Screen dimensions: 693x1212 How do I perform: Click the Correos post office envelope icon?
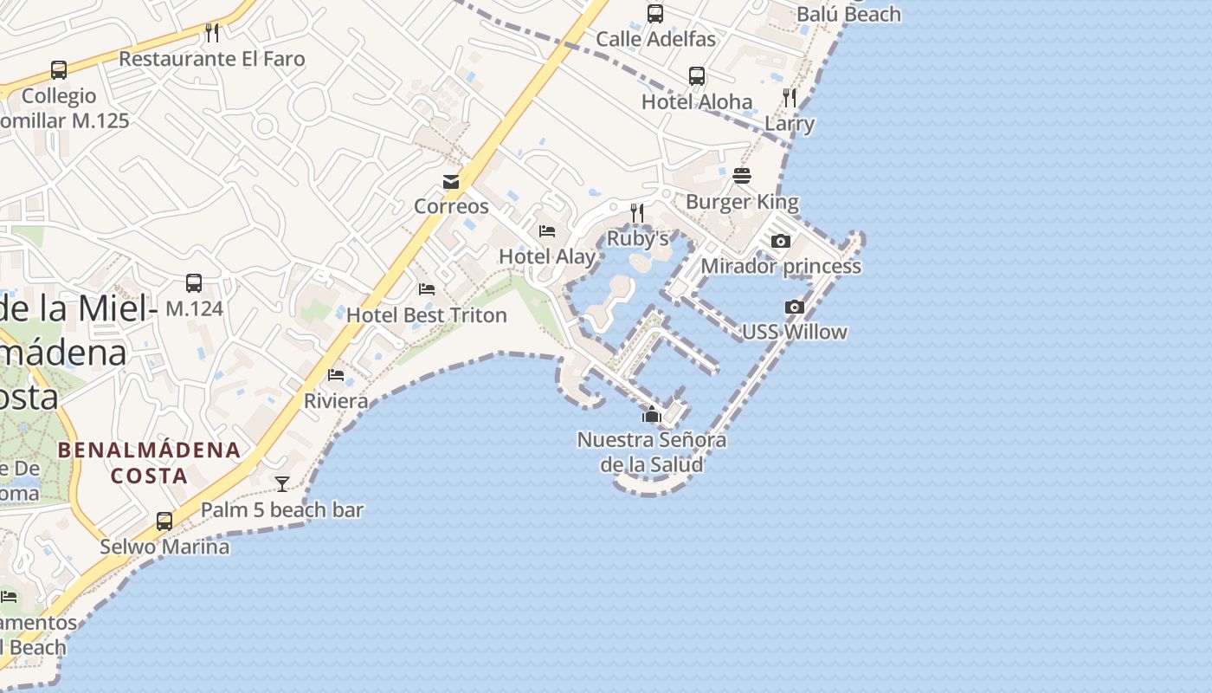[x=451, y=182]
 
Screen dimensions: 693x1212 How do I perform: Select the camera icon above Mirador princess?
[x=780, y=242]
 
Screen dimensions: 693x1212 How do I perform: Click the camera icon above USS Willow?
[x=794, y=307]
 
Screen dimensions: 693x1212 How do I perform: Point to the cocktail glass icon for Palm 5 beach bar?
[x=282, y=484]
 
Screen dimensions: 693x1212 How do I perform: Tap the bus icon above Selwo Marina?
[x=164, y=521]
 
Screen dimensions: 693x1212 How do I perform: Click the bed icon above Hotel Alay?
[x=547, y=230]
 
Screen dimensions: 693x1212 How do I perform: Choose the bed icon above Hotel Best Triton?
[x=427, y=288]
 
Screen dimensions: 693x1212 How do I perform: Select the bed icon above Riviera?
[x=336, y=375]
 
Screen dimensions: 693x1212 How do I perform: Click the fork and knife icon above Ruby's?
[x=637, y=212]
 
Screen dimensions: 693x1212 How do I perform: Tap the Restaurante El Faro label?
[x=212, y=59]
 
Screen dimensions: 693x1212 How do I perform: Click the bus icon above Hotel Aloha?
[x=697, y=76]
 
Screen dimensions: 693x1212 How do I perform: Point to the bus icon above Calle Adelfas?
[x=655, y=14]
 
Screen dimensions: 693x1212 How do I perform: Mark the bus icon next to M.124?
[x=194, y=283]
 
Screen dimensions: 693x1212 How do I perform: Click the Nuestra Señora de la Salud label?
[x=652, y=451]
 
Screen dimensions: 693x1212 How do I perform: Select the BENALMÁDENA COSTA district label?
[x=149, y=463]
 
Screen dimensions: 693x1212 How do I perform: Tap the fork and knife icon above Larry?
[x=790, y=97]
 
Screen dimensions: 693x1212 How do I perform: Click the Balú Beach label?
[x=848, y=14]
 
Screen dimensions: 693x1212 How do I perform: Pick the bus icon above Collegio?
[x=59, y=70]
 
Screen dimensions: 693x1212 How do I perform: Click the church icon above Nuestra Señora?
[x=652, y=415]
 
